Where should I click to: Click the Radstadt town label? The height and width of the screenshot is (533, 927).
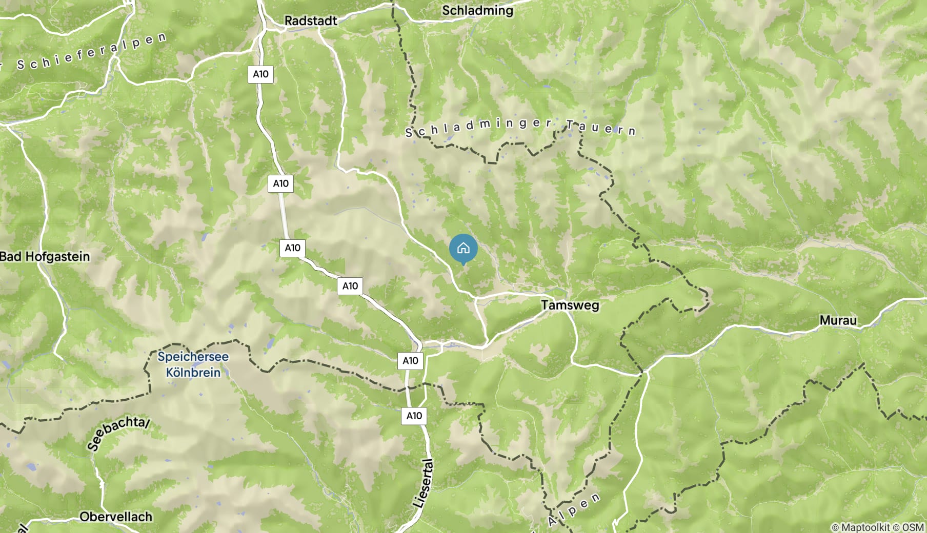311,21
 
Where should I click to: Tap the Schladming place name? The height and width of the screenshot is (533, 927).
477,10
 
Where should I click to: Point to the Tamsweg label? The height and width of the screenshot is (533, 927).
570,305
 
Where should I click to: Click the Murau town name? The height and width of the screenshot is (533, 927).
838,320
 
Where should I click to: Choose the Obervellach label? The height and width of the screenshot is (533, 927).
116,517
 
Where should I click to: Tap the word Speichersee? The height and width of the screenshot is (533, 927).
193,357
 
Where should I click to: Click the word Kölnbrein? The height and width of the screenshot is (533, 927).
193,372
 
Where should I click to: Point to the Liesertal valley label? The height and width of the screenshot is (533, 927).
424,484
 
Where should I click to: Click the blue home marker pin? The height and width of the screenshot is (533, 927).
463,249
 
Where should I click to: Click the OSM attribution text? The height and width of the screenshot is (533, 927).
913,527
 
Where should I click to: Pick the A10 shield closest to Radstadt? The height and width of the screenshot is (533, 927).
260,74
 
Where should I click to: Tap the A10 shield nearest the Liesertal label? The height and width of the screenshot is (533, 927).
414,416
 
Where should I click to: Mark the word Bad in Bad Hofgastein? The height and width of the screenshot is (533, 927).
11,256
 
